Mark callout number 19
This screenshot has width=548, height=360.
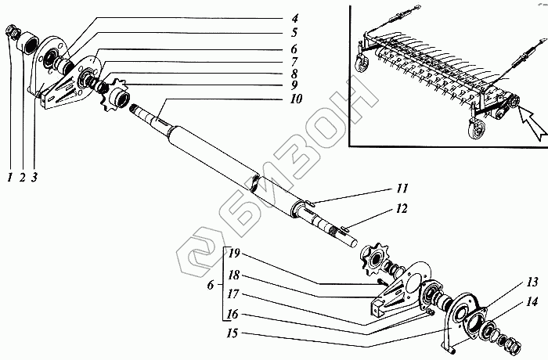tap(235, 255)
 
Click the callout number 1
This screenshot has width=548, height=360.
tap(9, 177)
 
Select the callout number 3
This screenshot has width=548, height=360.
tap(34, 177)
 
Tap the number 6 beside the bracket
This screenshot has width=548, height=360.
tap(208, 286)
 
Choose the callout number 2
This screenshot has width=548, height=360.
tap(21, 177)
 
